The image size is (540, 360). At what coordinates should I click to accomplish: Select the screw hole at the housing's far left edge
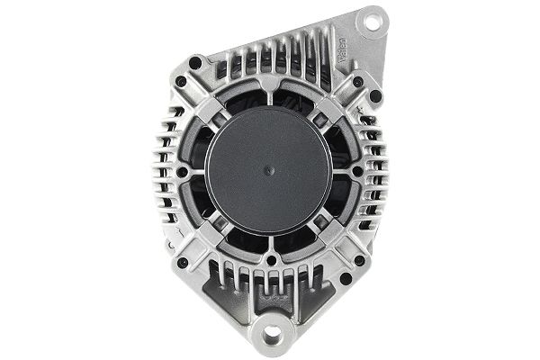[183, 170]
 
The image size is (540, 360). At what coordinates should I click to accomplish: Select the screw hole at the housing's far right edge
[357, 170]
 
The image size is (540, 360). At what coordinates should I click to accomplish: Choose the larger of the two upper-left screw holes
[196, 64]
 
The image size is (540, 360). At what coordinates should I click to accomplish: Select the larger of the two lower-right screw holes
[359, 262]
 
